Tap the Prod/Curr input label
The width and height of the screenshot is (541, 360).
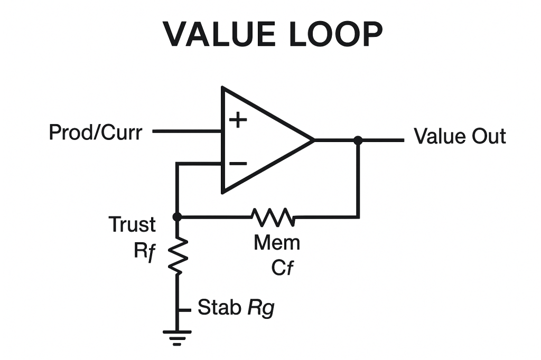click(x=95, y=132)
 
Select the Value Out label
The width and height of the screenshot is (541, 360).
click(x=460, y=136)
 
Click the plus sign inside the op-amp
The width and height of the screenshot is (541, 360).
click(x=238, y=120)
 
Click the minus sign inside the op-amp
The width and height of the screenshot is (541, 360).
click(x=238, y=163)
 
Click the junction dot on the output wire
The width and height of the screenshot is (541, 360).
click(x=358, y=140)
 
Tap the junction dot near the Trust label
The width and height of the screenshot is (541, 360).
click(x=177, y=216)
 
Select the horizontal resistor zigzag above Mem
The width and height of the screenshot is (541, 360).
click(x=273, y=216)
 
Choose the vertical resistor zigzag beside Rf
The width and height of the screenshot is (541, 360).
click(x=178, y=255)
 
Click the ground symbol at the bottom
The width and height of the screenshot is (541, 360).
click(x=177, y=336)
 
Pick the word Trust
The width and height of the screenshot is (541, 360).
click(x=132, y=225)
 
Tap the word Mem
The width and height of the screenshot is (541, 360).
click(x=277, y=243)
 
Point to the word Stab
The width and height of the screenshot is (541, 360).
click(x=219, y=307)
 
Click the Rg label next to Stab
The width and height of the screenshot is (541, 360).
click(x=261, y=308)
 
